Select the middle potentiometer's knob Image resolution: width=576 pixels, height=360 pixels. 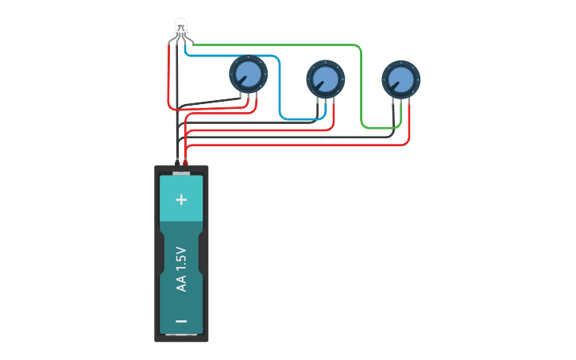[326, 79]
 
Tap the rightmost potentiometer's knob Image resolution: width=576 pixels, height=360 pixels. [400, 79]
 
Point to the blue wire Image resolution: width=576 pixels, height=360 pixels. [280, 87]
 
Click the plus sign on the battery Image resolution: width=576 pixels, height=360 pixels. [180, 199]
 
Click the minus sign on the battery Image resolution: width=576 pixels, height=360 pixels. [181, 321]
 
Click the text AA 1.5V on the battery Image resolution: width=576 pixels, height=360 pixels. [181, 269]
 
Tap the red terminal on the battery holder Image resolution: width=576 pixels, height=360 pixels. [185, 163]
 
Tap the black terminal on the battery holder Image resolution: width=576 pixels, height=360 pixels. [176, 163]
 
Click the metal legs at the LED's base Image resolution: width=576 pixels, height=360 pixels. [181, 38]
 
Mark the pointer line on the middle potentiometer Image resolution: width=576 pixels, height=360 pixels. [319, 85]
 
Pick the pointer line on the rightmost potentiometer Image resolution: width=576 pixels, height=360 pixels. [395, 85]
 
